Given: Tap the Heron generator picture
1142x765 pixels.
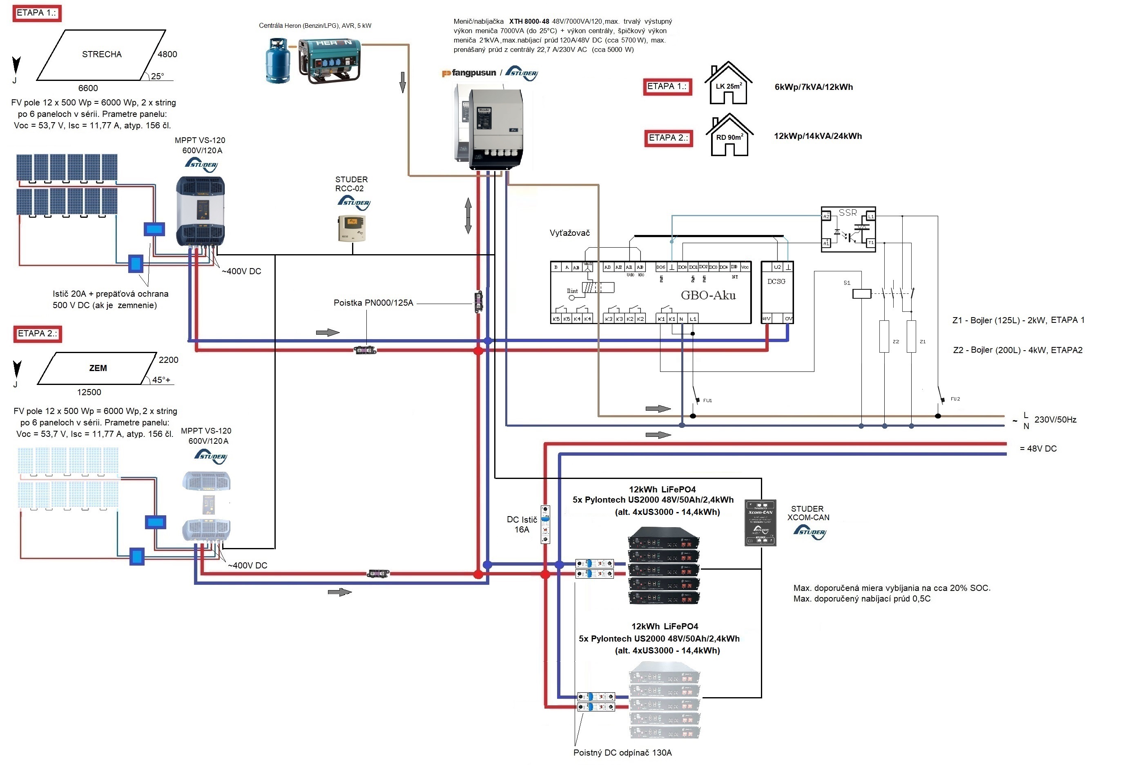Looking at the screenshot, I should pyautogui.click(x=330, y=60).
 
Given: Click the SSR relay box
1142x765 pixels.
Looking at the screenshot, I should pyautogui.click(x=848, y=229).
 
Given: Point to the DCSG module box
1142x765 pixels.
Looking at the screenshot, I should pyautogui.click(x=777, y=292).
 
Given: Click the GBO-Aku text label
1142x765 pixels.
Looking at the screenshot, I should pyautogui.click(x=708, y=295).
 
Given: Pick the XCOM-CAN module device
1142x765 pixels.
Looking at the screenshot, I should pyautogui.click(x=760, y=523).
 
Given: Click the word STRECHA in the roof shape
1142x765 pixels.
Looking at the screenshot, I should pyautogui.click(x=102, y=54).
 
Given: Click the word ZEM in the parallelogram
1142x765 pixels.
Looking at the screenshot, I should pyautogui.click(x=98, y=368).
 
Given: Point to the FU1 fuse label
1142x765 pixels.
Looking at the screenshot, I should pyautogui.click(x=707, y=400).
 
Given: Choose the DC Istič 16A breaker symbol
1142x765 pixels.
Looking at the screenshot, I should pyautogui.click(x=546, y=524).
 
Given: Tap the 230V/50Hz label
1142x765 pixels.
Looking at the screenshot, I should pyautogui.click(x=1055, y=420).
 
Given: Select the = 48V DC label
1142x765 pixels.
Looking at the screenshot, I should pyautogui.click(x=1038, y=448).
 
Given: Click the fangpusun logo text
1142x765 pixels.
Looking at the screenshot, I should pyautogui.click(x=473, y=73).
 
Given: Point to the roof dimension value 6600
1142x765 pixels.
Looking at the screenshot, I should pyautogui.click(x=88, y=88).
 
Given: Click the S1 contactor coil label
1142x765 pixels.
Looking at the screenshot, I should pyautogui.click(x=847, y=283).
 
